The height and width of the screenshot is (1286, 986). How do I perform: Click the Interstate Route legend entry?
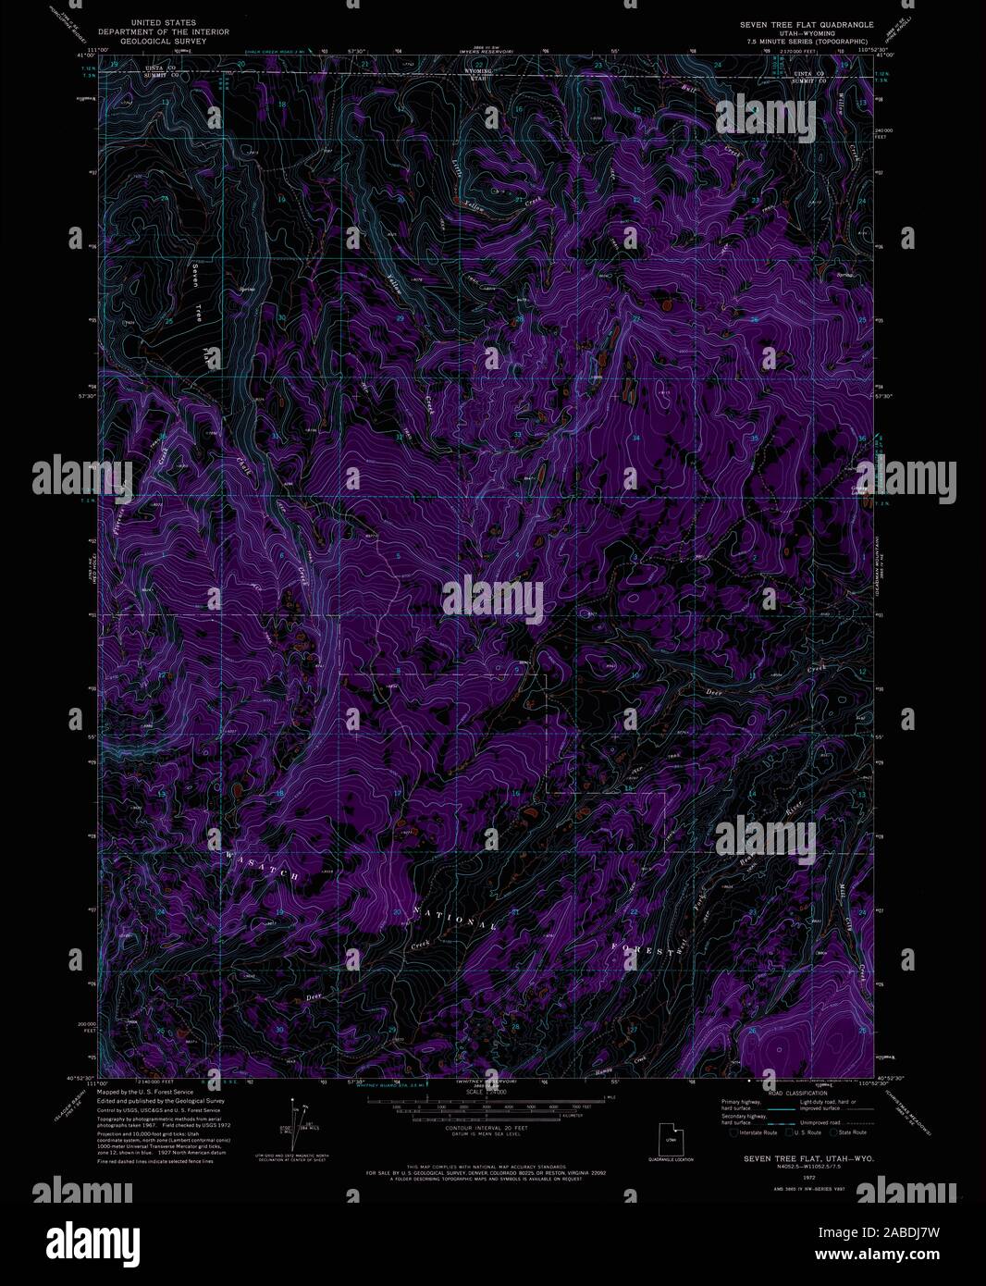click(753, 1132)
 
